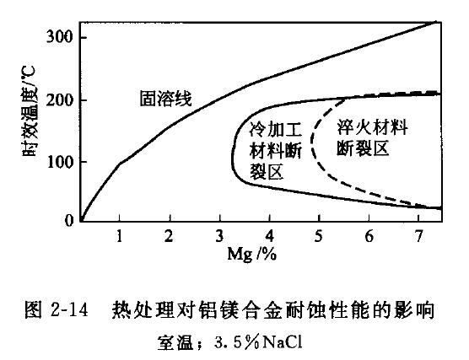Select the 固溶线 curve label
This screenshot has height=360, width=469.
point(165,99)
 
